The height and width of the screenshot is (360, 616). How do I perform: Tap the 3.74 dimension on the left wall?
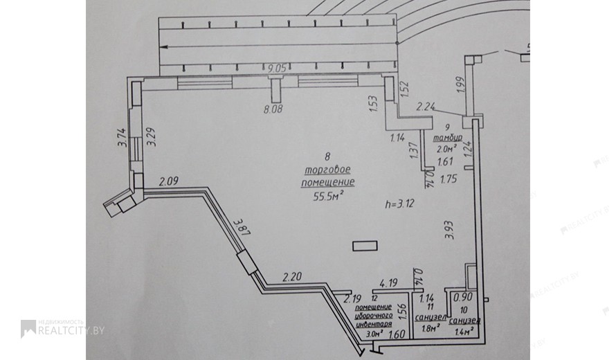pyautogui.click(x=120, y=139)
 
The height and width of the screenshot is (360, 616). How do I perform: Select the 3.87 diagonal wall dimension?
pyautogui.click(x=241, y=227)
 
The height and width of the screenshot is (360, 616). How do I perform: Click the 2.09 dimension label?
pyautogui.click(x=170, y=182)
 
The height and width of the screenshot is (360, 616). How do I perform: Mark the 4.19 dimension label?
pyautogui.click(x=386, y=282)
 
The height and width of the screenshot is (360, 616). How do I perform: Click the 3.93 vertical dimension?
pyautogui.click(x=449, y=228)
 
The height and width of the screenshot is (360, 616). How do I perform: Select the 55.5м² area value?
pyautogui.click(x=328, y=195)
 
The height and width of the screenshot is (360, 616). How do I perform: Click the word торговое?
pyautogui.click(x=328, y=170)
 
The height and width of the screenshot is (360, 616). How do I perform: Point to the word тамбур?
pyautogui.click(x=446, y=137)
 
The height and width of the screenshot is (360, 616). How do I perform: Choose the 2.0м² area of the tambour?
pyautogui.click(x=446, y=148)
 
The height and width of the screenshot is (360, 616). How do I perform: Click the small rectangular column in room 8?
pyautogui.click(x=365, y=246)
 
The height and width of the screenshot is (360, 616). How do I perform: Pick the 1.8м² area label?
pyautogui.click(x=431, y=328)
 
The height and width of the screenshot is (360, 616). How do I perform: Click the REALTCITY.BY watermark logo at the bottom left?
pyautogui.click(x=62, y=330)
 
